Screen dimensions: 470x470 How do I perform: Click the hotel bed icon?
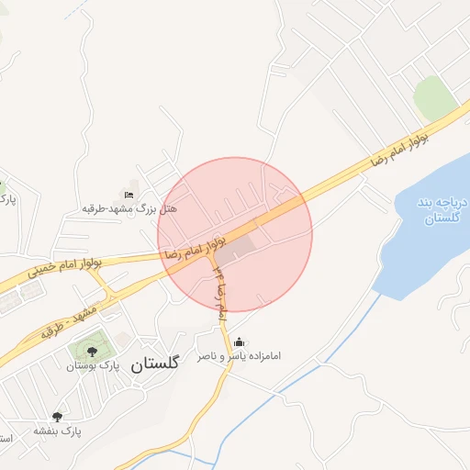coord(129,196)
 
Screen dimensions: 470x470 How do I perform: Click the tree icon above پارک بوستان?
coord(91,350)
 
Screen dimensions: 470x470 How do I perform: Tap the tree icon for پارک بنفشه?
coord(58,417)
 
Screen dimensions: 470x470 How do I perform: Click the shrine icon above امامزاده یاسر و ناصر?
coord(241,342)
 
